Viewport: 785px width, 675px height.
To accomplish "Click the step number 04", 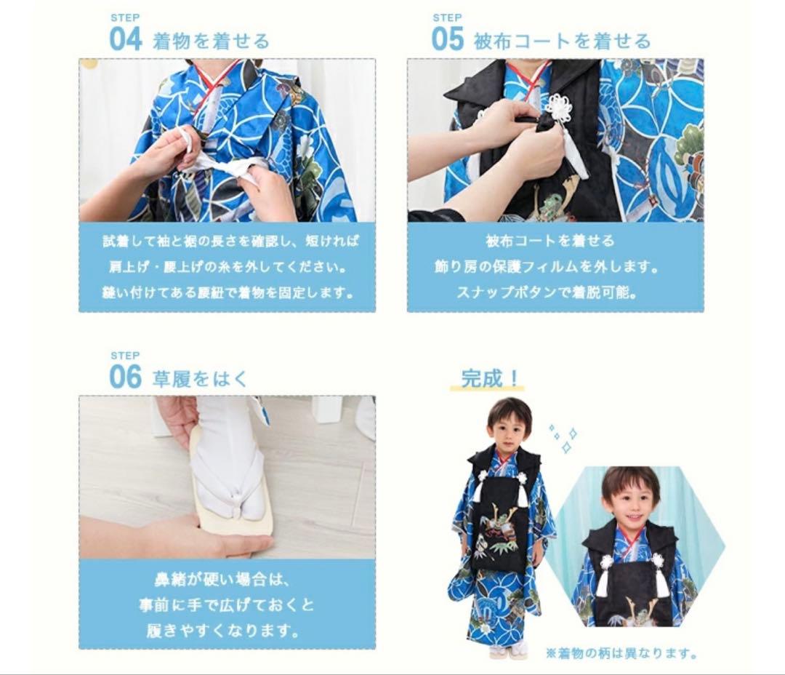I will click(125, 39).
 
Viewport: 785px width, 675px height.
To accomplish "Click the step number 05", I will click(447, 39).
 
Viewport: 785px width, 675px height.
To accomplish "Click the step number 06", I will click(125, 377).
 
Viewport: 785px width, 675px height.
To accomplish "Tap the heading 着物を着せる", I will click(211, 41).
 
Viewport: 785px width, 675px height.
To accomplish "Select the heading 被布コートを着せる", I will click(562, 41).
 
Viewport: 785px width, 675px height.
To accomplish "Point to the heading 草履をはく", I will click(200, 378).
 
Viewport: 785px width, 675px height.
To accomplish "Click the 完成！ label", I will click(491, 378).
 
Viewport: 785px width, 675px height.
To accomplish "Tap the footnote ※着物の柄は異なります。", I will click(621, 653).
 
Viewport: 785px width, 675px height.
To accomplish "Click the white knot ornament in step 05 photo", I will click(557, 109).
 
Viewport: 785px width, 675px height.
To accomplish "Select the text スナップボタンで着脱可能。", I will click(547, 293).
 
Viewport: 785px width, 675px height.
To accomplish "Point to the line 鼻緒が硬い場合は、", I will click(227, 580).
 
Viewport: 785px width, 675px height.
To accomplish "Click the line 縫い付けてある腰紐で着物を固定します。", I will click(228, 293).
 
